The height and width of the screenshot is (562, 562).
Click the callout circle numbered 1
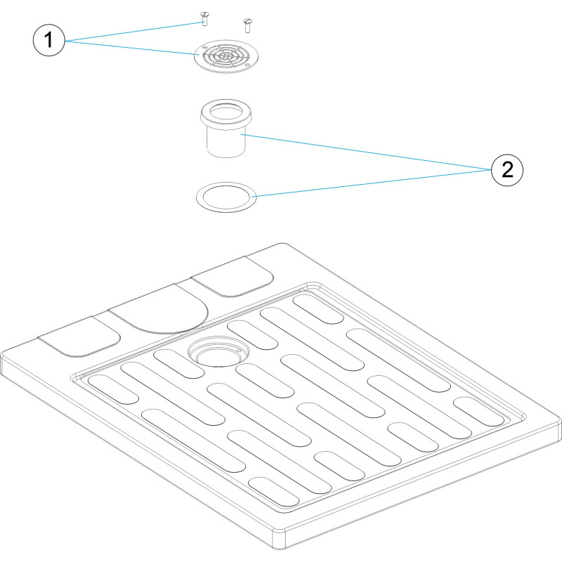[49, 40]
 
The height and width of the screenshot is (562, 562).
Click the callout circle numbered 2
[507, 170]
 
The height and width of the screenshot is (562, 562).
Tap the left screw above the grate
[204, 19]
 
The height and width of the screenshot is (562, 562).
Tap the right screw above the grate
[247, 26]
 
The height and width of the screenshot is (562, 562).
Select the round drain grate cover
[226, 56]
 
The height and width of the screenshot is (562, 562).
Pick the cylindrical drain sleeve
[226, 129]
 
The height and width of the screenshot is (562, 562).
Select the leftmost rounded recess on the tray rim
[79, 337]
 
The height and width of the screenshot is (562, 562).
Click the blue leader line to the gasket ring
[374, 183]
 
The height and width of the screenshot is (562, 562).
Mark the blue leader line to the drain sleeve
[365, 152]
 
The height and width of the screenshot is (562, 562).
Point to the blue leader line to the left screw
[133, 31]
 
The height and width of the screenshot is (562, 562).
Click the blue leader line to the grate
[132, 48]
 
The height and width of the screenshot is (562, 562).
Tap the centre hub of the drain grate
[226, 55]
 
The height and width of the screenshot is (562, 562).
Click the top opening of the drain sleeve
[226, 111]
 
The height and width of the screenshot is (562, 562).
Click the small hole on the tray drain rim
[238, 350]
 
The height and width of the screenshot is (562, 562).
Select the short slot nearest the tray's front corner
[273, 492]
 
